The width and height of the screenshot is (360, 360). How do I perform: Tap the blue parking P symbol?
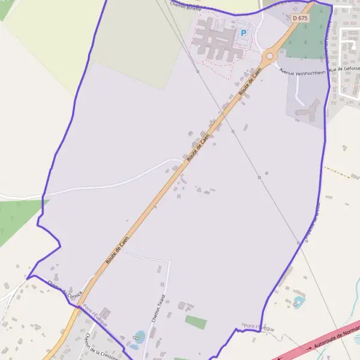(x=244, y=33)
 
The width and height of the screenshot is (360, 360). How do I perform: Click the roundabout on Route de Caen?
(x=269, y=56)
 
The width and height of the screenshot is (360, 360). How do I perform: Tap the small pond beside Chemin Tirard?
(x=139, y=337)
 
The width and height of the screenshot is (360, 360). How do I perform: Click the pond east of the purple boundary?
(x=299, y=300)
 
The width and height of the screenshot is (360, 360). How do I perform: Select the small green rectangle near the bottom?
(x=196, y=323)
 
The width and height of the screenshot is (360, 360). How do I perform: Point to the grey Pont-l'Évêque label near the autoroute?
(x=259, y=326)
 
